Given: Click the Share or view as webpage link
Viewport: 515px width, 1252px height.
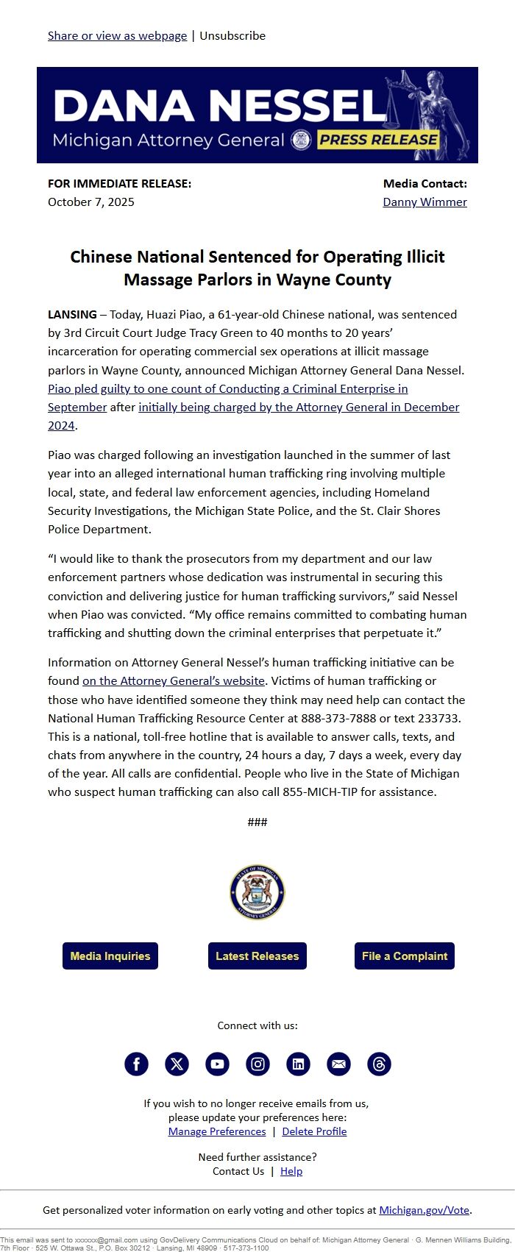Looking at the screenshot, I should pos(117,35).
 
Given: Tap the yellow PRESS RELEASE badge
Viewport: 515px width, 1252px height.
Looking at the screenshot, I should pos(378,140).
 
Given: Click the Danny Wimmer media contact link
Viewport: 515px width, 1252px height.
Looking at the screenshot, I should pos(425,202).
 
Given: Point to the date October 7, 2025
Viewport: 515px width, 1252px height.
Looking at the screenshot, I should pos(91,202).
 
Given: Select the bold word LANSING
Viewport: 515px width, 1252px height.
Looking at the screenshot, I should pos(72,314).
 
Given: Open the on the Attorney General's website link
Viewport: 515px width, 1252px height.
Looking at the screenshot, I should pos(173,680).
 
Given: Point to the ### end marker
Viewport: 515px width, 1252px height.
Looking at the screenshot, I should pos(257,822).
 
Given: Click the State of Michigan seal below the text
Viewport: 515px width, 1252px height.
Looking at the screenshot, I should pos(257,892).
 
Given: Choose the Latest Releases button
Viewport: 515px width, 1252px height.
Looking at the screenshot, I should pos(257,956).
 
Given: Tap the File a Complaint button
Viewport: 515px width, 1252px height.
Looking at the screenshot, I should pos(405,956).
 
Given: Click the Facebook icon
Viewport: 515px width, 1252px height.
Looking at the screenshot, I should pos(136,1064).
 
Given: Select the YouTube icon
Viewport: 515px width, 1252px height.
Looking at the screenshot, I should pos(217,1064).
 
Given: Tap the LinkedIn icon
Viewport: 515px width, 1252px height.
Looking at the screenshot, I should pos(298,1064).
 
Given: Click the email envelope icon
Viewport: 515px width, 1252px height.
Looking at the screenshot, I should pos(338,1064).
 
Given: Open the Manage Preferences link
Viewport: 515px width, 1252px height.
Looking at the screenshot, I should pos(217,1131).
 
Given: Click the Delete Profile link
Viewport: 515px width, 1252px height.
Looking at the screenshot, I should pos(314,1131).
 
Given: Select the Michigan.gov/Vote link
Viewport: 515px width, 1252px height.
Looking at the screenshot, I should pos(425,1210).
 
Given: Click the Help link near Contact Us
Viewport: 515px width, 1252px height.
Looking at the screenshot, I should pos(291,1171).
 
